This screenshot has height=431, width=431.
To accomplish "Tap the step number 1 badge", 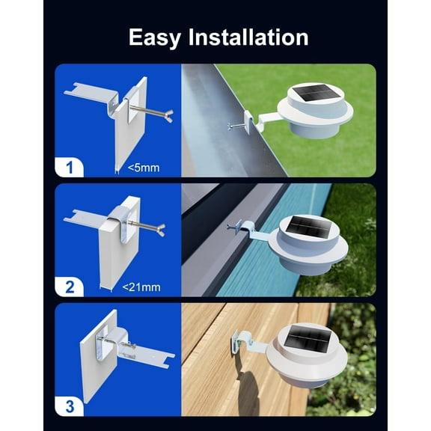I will pyautogui.click(x=70, y=166).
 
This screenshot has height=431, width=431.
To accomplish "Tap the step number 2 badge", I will pyautogui.click(x=70, y=285).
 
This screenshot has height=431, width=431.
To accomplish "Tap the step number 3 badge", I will pyautogui.click(x=70, y=406).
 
